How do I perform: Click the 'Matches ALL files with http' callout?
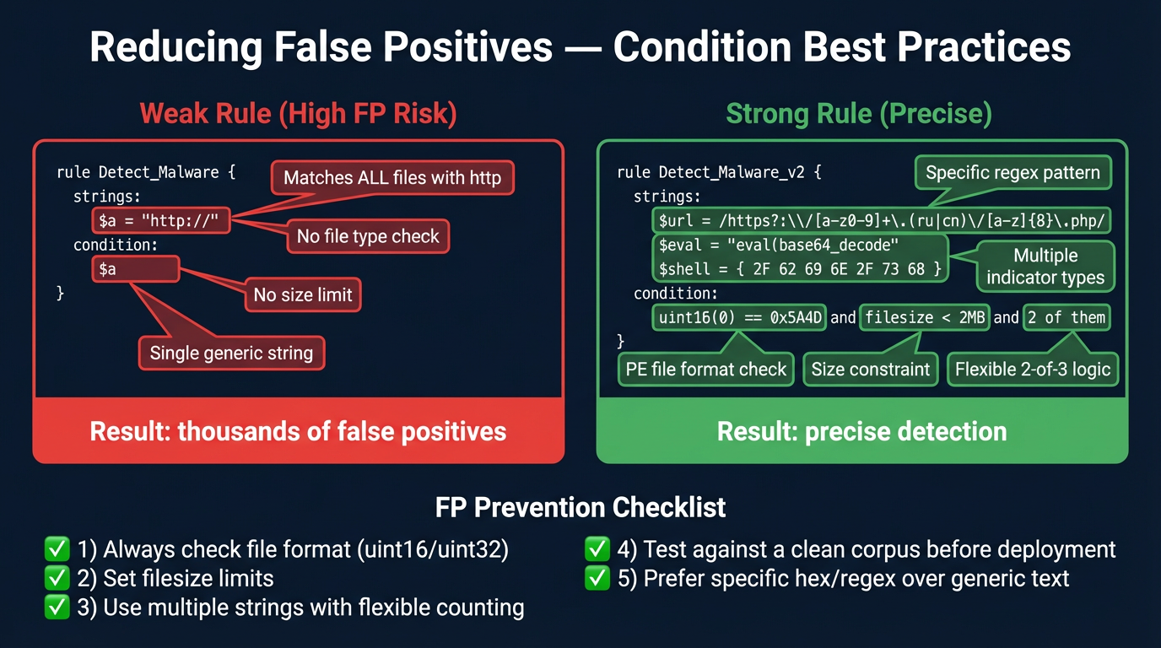click(x=392, y=178)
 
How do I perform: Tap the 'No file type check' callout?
click(x=368, y=236)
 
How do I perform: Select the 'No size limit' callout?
click(x=303, y=295)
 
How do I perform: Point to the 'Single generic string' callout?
click(x=231, y=353)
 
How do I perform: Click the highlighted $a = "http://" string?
click(x=160, y=221)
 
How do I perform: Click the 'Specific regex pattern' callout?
click(x=1012, y=173)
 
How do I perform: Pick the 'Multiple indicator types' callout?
click(x=1045, y=267)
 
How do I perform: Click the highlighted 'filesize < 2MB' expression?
click(x=924, y=317)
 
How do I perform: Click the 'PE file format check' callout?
click(x=706, y=370)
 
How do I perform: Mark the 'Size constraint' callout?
click(x=870, y=370)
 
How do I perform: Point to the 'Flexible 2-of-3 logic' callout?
click(x=1033, y=370)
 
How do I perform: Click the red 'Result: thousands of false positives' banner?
click(x=298, y=431)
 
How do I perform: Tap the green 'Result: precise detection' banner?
click(x=861, y=431)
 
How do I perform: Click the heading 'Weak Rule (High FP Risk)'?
click(x=298, y=113)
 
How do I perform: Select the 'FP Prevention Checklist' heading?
click(x=580, y=507)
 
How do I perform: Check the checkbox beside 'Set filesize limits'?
click(x=57, y=579)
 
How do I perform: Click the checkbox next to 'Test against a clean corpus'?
click(x=597, y=550)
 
